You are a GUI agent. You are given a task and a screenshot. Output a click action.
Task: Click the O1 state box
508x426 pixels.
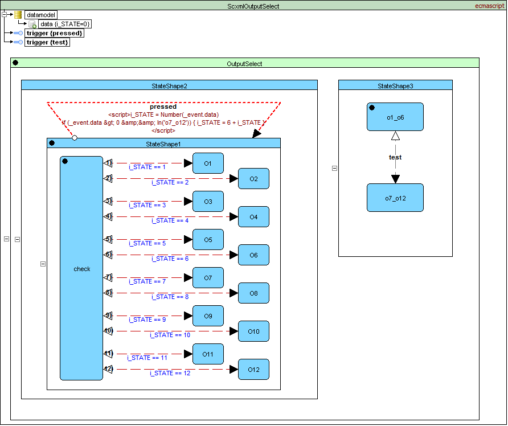tap(208, 163)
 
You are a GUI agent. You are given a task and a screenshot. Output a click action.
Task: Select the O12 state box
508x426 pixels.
tap(253, 370)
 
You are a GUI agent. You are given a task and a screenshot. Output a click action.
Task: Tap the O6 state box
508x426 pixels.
tap(253, 255)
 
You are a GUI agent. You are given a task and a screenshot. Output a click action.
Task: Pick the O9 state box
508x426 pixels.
tap(208, 316)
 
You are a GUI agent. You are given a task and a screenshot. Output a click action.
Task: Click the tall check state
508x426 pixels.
tap(81, 268)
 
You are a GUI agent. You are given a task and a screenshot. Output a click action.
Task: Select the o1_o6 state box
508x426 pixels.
tap(395, 117)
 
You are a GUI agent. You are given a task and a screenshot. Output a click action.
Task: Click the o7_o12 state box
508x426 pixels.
tap(395, 198)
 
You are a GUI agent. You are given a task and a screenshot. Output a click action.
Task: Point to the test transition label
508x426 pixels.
tap(395, 157)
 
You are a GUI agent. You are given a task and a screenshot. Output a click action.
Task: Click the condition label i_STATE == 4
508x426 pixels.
tap(170, 220)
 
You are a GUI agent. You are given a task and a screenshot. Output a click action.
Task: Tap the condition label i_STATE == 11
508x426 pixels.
tap(147, 358)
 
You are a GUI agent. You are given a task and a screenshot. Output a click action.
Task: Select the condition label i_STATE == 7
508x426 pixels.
tap(148, 281)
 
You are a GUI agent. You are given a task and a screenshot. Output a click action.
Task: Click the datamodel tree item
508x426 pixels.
tap(40, 15)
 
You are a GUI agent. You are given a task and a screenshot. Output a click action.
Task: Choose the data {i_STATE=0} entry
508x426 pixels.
tap(65, 24)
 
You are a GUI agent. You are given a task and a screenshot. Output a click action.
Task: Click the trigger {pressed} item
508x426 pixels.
tap(55, 33)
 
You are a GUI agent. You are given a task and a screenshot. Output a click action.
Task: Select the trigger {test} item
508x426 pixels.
tap(48, 42)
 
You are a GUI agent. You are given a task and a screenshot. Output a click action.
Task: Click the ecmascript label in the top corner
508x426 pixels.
tap(490, 6)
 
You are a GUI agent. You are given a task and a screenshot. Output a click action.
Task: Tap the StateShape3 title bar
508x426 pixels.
tap(395, 85)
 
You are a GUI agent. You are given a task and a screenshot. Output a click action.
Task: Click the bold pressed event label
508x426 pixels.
tap(163, 106)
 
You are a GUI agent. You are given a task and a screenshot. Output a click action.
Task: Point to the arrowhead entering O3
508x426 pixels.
tap(188, 202)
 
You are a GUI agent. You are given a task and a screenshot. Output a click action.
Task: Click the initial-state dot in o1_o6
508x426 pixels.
tap(372, 107)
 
